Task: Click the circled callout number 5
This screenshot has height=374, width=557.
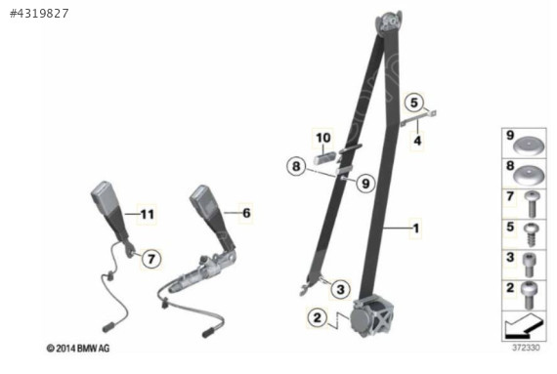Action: click(x=414, y=103)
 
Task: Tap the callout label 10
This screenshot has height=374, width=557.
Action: click(x=322, y=138)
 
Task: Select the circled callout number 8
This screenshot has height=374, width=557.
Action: click(x=296, y=166)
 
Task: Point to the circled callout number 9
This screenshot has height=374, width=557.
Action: click(x=365, y=184)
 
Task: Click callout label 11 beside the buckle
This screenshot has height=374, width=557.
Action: click(x=147, y=214)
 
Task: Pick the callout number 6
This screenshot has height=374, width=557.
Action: click(x=246, y=213)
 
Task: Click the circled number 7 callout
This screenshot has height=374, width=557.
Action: click(x=151, y=259)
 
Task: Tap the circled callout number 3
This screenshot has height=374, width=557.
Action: click(x=340, y=289)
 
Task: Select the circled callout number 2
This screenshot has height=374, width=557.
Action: click(x=318, y=316)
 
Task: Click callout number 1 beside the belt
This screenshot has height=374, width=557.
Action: click(x=416, y=228)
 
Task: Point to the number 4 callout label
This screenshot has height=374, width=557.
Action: click(x=417, y=141)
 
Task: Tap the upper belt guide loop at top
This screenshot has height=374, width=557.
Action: click(x=390, y=22)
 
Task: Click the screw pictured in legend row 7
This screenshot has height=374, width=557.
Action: click(x=532, y=204)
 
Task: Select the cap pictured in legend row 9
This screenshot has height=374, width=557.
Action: click(x=529, y=145)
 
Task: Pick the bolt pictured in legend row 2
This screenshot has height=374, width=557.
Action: click(x=529, y=295)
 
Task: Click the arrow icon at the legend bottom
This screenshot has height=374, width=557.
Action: click(x=525, y=326)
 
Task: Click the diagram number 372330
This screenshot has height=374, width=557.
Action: click(x=526, y=348)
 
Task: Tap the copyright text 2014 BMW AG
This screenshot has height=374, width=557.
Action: click(x=78, y=349)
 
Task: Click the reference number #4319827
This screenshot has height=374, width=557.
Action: click(x=39, y=14)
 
